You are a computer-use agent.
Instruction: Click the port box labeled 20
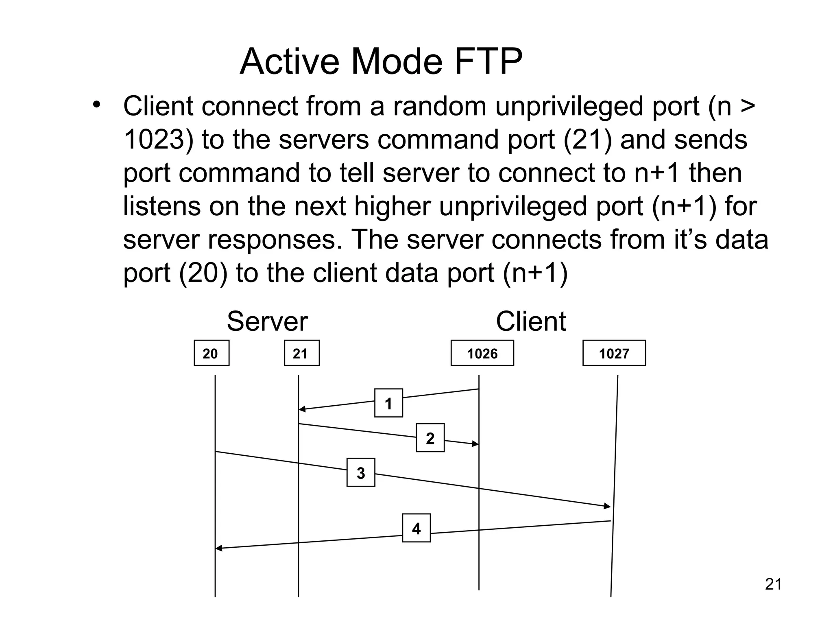pyautogui.click(x=212, y=353)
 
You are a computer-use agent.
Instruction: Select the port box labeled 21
pyautogui.click(x=301, y=353)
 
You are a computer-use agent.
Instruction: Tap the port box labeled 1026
pyautogui.click(x=482, y=353)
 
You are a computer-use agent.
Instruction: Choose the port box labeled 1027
pyautogui.click(x=614, y=353)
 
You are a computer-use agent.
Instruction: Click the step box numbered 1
pyautogui.click(x=388, y=403)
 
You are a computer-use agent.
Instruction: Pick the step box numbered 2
pyautogui.click(x=430, y=438)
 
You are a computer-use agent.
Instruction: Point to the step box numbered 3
pyautogui.click(x=361, y=472)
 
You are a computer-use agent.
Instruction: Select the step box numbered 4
pyautogui.click(x=416, y=528)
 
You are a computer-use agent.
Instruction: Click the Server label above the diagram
pyautogui.click(x=267, y=321)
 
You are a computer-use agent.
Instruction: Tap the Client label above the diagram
pyautogui.click(x=531, y=321)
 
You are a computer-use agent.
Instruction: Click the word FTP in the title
pyautogui.click(x=488, y=62)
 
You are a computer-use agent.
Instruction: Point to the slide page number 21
pyautogui.click(x=773, y=584)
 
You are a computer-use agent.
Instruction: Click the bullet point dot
pyautogui.click(x=96, y=105)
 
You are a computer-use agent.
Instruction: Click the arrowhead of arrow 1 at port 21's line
pyautogui.click(x=302, y=409)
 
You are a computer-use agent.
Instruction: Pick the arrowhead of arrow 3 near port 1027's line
pyautogui.click(x=607, y=506)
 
